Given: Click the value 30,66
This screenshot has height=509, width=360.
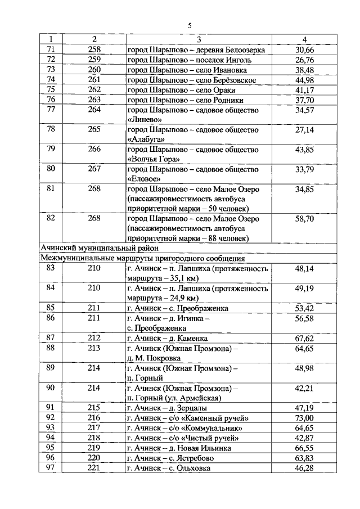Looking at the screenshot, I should pos(304,50).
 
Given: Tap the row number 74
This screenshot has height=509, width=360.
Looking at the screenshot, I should pos(51,80).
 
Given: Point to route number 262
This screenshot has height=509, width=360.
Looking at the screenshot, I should pos(94,90).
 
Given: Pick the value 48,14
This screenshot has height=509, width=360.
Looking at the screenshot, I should pos(304,268).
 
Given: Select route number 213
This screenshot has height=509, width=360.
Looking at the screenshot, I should pos(94,348).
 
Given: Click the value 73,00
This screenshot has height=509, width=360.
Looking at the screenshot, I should pos(304,418).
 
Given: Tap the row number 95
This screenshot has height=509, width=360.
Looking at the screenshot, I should pos(51,448).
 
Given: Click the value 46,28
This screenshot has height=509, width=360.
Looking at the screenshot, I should pos(304,468).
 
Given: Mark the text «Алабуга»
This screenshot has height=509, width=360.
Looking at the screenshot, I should pos(146,139).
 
